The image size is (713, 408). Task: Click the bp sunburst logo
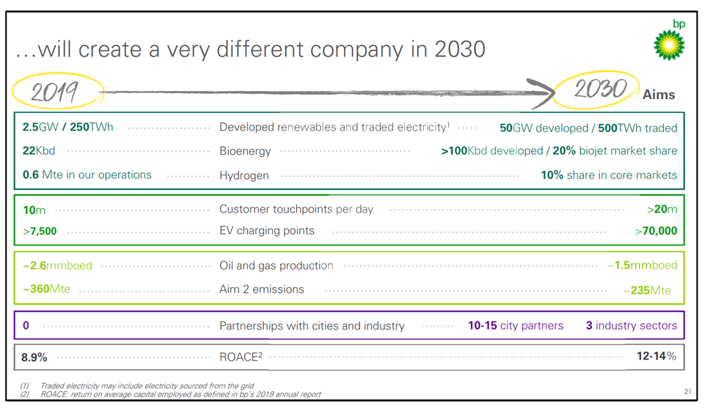click(x=668, y=45)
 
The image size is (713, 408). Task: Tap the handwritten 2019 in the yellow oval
click(x=55, y=92)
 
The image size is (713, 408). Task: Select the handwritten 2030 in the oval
click(x=599, y=90)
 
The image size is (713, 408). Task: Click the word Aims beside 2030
click(x=659, y=95)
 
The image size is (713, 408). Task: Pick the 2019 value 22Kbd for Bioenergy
click(x=39, y=150)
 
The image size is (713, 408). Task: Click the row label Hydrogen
click(x=244, y=175)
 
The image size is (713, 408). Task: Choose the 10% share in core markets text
click(x=609, y=175)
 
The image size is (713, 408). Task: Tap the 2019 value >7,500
click(x=40, y=231)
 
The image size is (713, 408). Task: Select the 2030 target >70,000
click(x=656, y=231)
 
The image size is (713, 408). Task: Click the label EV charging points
click(x=266, y=230)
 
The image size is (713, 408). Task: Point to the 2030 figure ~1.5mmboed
click(x=642, y=265)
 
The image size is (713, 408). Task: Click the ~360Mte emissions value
click(x=46, y=289)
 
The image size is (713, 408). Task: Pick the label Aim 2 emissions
click(x=261, y=289)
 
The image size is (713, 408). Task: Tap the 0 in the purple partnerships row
click(x=26, y=325)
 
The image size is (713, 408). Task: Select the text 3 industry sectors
click(x=631, y=325)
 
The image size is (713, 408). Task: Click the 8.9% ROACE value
click(x=34, y=357)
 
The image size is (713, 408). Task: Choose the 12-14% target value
click(x=656, y=357)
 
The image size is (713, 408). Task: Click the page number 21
click(x=687, y=392)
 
